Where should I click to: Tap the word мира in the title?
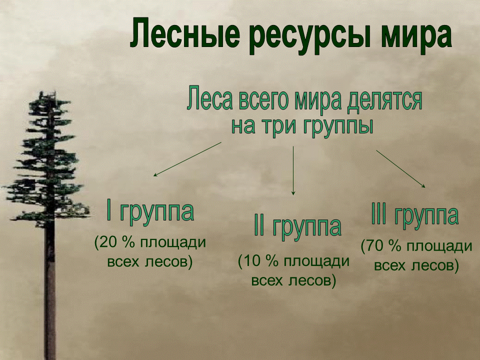(414, 35)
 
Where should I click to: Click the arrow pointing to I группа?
(187, 159)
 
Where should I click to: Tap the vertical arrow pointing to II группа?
(293, 170)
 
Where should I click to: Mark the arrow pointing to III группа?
(401, 168)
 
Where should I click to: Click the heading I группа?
(150, 211)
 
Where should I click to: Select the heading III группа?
(414, 215)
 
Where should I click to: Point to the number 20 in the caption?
(109, 243)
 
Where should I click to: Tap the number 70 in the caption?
(376, 246)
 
